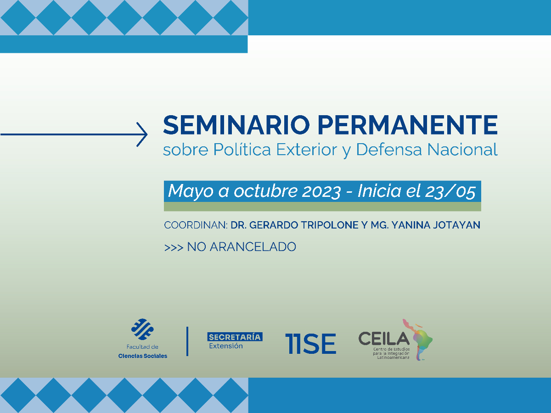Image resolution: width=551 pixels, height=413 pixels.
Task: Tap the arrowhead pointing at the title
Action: pyautogui.click(x=143, y=134)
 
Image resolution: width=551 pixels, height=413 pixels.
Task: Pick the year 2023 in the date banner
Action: pyautogui.click(x=321, y=191)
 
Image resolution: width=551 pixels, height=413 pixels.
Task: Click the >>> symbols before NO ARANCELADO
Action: pyautogui.click(x=174, y=247)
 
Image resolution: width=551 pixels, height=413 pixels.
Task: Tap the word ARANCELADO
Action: pyautogui.click(x=253, y=247)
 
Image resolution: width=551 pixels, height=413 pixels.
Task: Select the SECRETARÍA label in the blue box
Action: pyautogui.click(x=235, y=337)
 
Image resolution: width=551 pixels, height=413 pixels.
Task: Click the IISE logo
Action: pyautogui.click(x=310, y=343)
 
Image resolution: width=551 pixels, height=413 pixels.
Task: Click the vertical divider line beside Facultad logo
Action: pyautogui.click(x=187, y=341)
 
